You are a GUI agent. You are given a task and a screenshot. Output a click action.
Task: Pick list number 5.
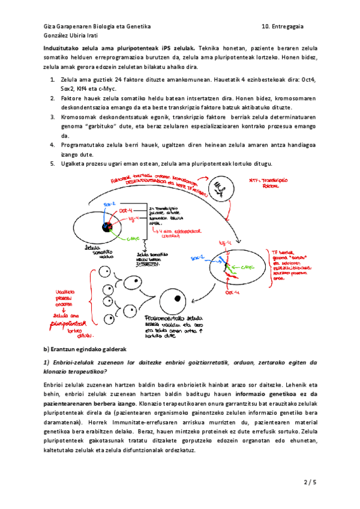(53, 164)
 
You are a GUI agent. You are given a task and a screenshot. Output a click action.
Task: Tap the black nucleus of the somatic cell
(107, 227)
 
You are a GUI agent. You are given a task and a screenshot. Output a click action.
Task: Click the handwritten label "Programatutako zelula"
(172, 318)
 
